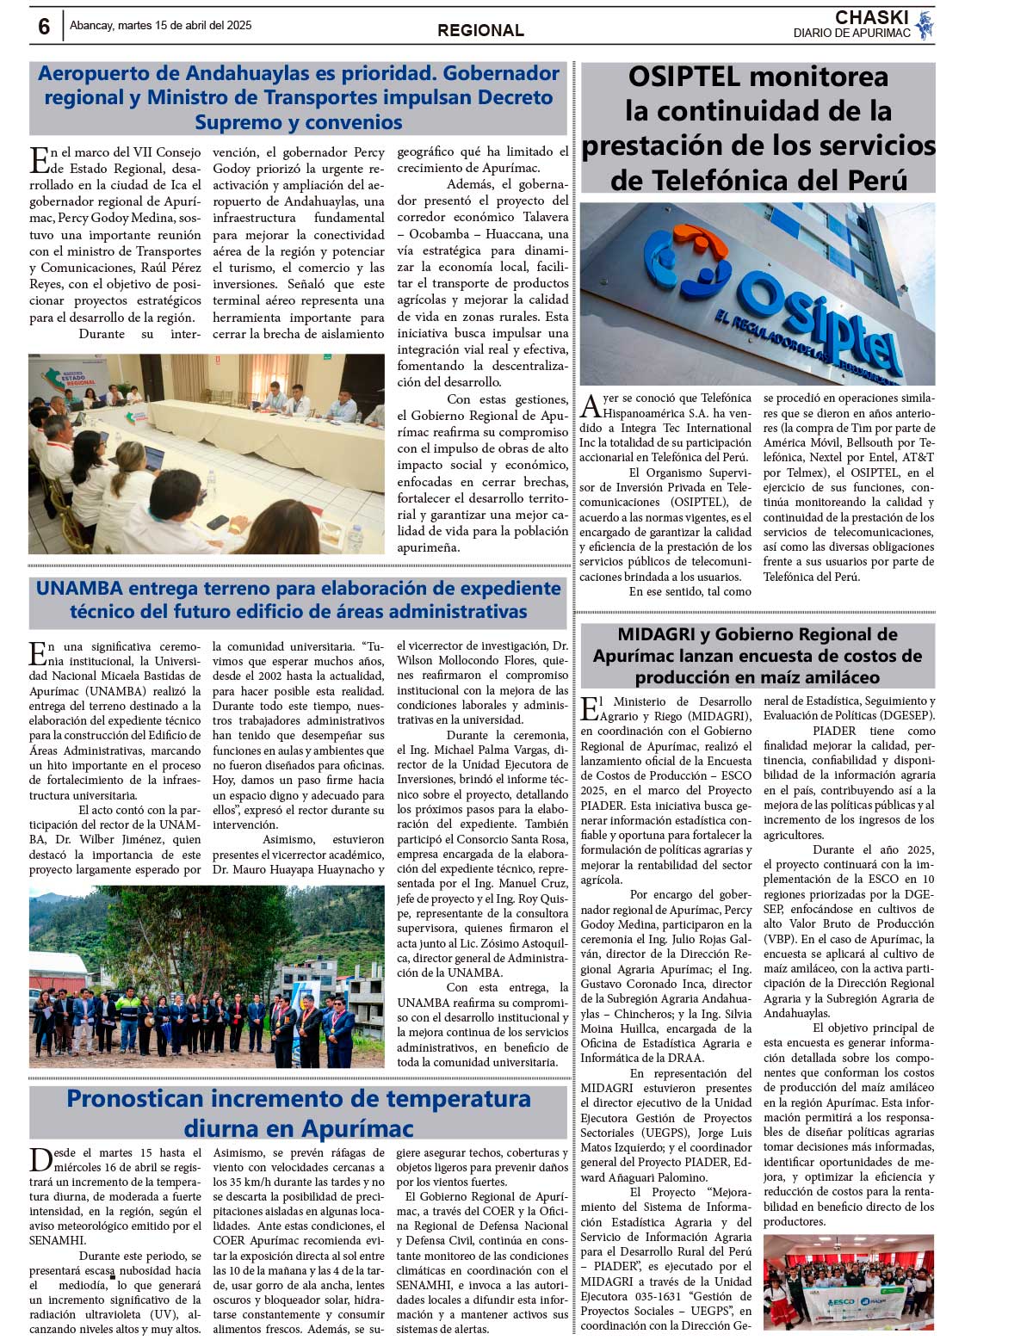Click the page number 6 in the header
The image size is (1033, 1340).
[x=44, y=27]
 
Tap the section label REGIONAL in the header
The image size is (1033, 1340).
[x=480, y=30]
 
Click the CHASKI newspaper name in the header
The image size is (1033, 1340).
[x=871, y=17]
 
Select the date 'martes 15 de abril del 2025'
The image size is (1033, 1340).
[x=184, y=26]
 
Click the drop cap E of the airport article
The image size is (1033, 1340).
[x=40, y=160]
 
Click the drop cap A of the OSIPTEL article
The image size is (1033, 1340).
[x=591, y=405]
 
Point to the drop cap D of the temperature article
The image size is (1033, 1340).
[x=40, y=1159]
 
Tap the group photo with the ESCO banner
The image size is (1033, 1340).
[x=848, y=1282]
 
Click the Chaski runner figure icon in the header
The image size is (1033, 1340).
[x=925, y=25]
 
